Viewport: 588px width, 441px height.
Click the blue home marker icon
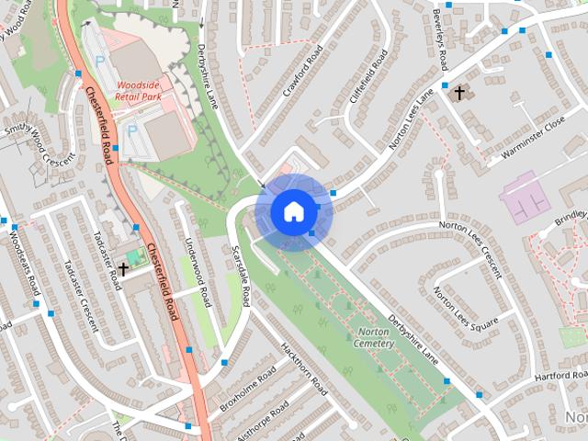292,210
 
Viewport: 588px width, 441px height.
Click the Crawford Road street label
304,73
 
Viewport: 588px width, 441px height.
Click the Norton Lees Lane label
408,119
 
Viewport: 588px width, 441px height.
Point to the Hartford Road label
558,376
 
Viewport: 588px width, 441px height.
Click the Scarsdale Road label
242,276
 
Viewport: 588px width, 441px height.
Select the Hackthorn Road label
304,367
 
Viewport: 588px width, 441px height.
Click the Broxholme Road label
248,390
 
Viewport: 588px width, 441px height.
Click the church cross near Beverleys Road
458,93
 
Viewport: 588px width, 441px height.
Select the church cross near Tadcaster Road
123,268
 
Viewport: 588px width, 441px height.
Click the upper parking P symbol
100,61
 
